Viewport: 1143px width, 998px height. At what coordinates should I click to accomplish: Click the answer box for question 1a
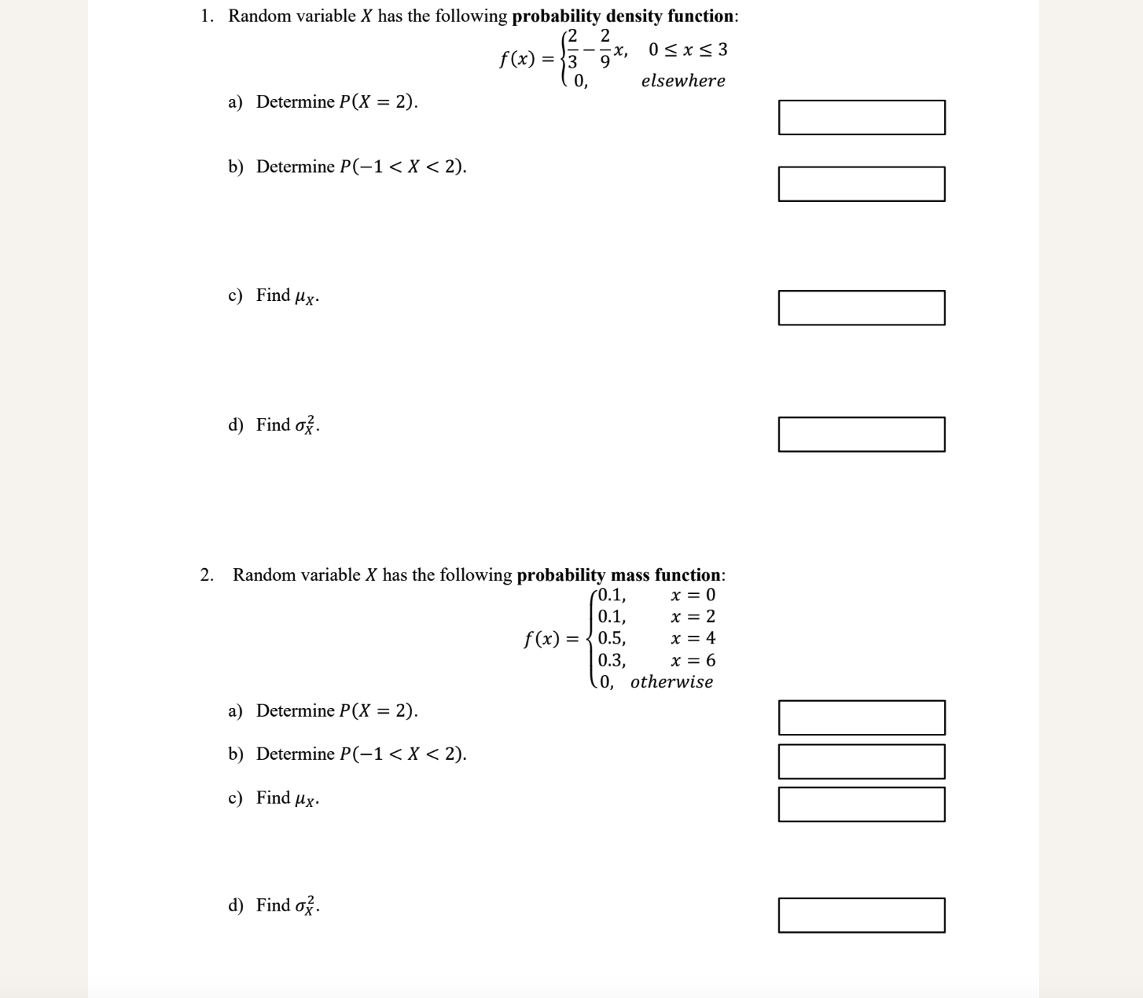862,117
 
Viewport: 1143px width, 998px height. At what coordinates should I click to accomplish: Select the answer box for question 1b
862,184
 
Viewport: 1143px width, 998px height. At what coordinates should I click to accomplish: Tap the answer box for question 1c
862,307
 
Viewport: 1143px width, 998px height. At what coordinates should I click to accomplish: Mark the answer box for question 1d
862,435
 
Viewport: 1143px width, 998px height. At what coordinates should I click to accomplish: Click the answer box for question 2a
862,717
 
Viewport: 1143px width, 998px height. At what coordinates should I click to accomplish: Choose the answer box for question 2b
862,761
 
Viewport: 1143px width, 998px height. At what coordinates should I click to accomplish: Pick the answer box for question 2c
862,805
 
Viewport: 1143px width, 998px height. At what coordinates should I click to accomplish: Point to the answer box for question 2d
862,915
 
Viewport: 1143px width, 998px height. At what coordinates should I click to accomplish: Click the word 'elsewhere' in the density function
683,81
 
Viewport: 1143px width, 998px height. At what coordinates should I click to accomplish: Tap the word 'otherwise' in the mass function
671,682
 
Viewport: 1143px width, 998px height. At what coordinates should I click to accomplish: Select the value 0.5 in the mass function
612,638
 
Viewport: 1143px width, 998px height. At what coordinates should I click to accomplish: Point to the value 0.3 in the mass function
612,660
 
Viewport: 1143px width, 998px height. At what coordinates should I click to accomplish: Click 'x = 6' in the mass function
693,660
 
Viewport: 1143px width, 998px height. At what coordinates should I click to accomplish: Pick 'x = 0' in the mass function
693,595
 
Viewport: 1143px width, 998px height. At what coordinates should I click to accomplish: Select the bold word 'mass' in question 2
632,575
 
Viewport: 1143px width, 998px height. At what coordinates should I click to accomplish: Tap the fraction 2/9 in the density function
605,48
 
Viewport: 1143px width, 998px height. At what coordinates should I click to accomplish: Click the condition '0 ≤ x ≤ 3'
688,50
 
